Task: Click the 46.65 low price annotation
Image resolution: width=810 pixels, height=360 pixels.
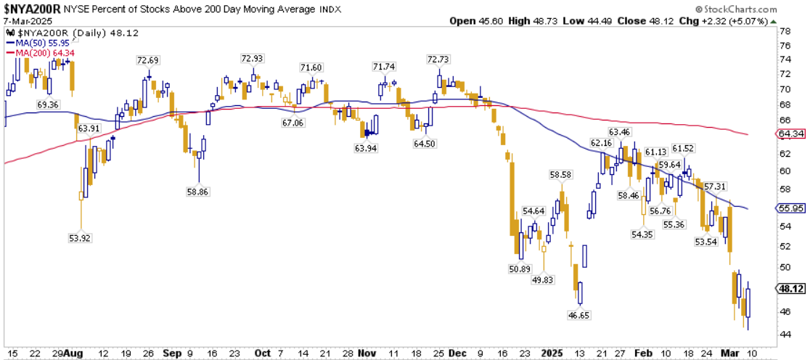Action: click(579, 316)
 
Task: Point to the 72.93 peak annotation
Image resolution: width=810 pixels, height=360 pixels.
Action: click(253, 58)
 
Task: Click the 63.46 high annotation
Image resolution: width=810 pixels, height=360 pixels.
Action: click(619, 132)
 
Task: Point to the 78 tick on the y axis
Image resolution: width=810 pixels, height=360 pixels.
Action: click(785, 32)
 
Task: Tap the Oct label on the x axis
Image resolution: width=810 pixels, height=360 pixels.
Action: click(263, 353)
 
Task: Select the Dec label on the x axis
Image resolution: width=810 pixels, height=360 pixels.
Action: click(458, 353)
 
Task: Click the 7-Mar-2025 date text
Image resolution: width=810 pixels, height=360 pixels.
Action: click(26, 20)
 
